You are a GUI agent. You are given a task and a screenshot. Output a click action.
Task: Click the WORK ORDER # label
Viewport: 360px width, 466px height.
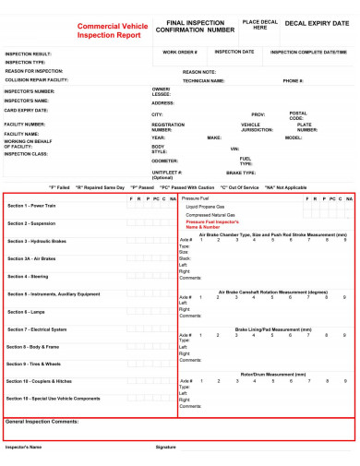(180, 52)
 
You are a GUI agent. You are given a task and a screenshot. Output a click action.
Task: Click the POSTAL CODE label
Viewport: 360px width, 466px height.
(297, 115)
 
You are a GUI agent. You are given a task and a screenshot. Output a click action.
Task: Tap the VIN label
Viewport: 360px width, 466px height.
(234, 149)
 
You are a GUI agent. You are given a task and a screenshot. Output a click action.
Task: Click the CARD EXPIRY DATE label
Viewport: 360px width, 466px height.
(27, 111)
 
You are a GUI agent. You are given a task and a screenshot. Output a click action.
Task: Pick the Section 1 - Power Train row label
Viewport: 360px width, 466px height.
(32, 206)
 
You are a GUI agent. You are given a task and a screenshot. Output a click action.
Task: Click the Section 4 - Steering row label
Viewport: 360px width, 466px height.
(30, 276)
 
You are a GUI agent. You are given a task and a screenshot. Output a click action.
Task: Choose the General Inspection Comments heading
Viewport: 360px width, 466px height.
(42, 421)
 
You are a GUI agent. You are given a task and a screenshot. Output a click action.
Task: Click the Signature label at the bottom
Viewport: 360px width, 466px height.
(165, 447)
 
